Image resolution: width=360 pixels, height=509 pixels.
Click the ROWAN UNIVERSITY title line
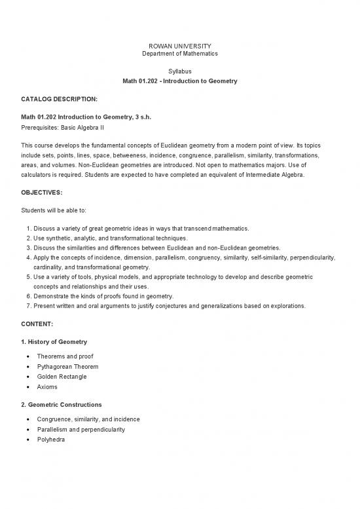[x=180, y=45]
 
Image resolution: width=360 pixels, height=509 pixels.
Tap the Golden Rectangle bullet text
[x=62, y=377]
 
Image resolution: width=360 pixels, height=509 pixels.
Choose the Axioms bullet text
[x=48, y=386]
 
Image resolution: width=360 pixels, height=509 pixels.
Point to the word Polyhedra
[x=52, y=440]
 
